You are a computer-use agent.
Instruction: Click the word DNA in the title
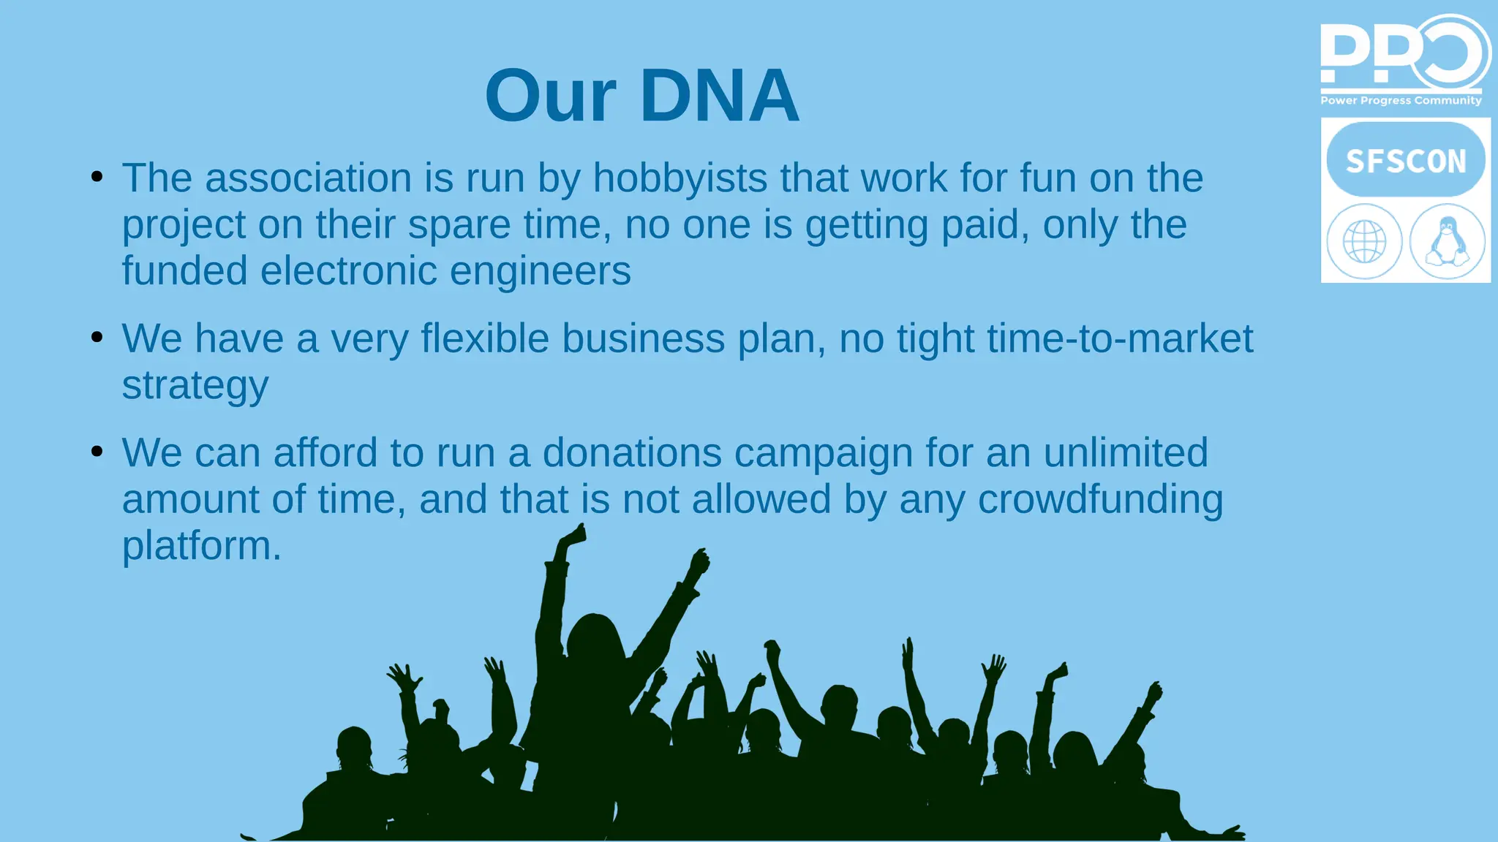point(719,96)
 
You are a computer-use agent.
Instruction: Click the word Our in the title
point(550,96)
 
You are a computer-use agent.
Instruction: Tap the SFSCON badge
point(1405,160)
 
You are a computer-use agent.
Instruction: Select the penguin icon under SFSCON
point(1447,241)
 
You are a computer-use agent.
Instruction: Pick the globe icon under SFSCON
point(1364,241)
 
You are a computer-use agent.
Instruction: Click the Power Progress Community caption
point(1401,100)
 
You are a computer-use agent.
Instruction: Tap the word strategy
point(195,387)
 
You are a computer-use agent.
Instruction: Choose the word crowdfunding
point(1100,500)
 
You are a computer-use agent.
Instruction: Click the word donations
point(632,453)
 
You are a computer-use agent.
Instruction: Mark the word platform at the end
point(201,546)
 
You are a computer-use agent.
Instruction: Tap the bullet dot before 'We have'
point(97,337)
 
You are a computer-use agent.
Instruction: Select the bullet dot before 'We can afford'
point(97,451)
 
